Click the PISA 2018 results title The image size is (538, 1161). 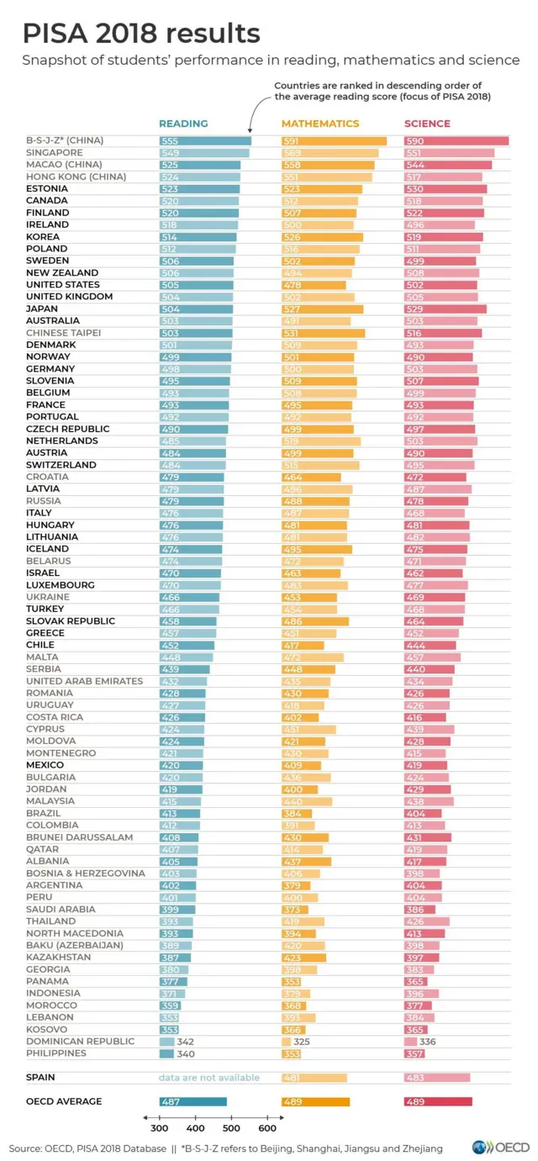pyautogui.click(x=141, y=34)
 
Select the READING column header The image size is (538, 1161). pyautogui.click(x=183, y=124)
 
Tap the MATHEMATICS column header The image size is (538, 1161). pyautogui.click(x=319, y=124)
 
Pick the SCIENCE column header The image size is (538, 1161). pyautogui.click(x=427, y=124)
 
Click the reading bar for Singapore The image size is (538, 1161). pyautogui.click(x=204, y=153)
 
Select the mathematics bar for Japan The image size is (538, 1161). pyautogui.click(x=322, y=309)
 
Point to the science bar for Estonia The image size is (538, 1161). pyautogui.click(x=444, y=189)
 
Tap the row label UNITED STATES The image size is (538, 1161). pyautogui.click(x=62, y=285)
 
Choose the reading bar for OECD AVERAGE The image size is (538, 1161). pyautogui.click(x=193, y=1101)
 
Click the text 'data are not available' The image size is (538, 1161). pyautogui.click(x=209, y=1078)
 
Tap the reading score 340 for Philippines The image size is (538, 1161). pyautogui.click(x=185, y=1053)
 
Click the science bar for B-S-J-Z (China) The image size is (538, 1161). pyautogui.click(x=456, y=141)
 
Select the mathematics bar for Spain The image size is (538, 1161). pyautogui.click(x=314, y=1078)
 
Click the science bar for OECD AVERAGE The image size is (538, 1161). pyautogui.click(x=438, y=1101)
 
